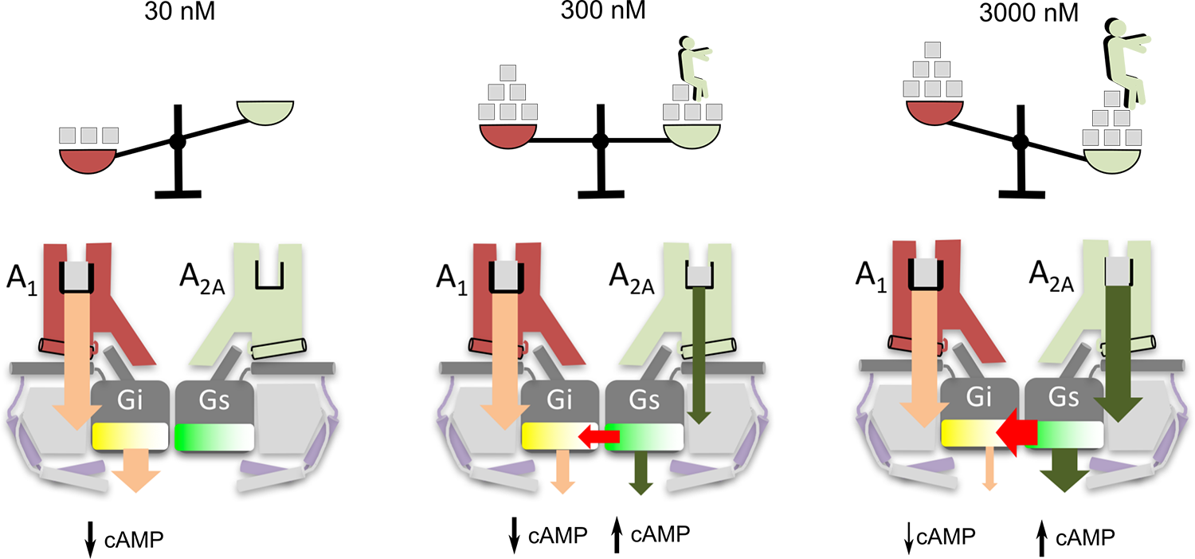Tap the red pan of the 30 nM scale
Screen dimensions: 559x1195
tap(88, 159)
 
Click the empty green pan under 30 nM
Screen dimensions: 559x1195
tap(266, 112)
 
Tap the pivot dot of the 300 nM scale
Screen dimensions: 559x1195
tap(600, 141)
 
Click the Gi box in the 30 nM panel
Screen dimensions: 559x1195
tap(130, 400)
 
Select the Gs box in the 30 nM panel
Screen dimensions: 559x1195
tap(214, 400)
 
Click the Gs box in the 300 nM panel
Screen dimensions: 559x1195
tap(644, 400)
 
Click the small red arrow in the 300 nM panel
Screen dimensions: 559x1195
tap(598, 436)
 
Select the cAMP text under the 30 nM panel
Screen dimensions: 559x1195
tap(134, 539)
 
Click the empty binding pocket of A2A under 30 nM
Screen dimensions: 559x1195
tap(267, 274)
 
